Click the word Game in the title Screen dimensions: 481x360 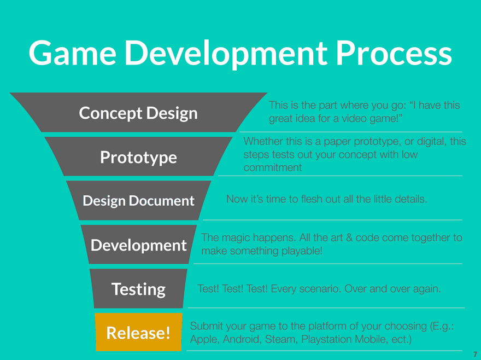pos(72,53)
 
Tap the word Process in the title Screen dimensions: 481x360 pos(394,53)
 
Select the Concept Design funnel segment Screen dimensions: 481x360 pos(138,112)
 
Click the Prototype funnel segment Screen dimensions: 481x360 pos(138,156)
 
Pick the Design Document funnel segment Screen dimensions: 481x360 pos(139,201)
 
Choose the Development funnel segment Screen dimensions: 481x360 pos(139,245)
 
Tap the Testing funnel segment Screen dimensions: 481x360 pos(138,289)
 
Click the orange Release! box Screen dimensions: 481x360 pos(138,332)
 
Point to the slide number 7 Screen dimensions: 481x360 pos(475,354)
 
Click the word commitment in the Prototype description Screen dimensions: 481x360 pos(273,167)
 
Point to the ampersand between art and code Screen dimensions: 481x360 pos(349,237)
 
